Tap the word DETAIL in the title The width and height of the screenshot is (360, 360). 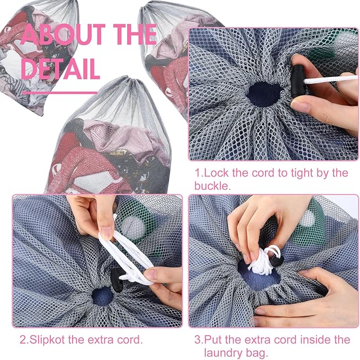tap(60, 68)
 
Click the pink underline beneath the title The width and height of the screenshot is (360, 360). tap(60, 93)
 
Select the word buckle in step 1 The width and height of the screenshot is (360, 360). tap(212, 186)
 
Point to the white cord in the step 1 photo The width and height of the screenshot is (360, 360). tap(331, 78)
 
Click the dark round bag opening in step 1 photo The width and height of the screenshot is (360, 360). tap(265, 94)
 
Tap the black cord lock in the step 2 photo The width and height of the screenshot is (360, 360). tap(118, 279)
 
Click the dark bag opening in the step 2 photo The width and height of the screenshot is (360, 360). tap(102, 296)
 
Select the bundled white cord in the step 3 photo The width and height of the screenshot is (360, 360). tap(264, 261)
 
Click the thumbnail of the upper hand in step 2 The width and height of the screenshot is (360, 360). tap(107, 233)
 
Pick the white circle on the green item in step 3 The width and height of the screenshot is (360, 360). tap(308, 218)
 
